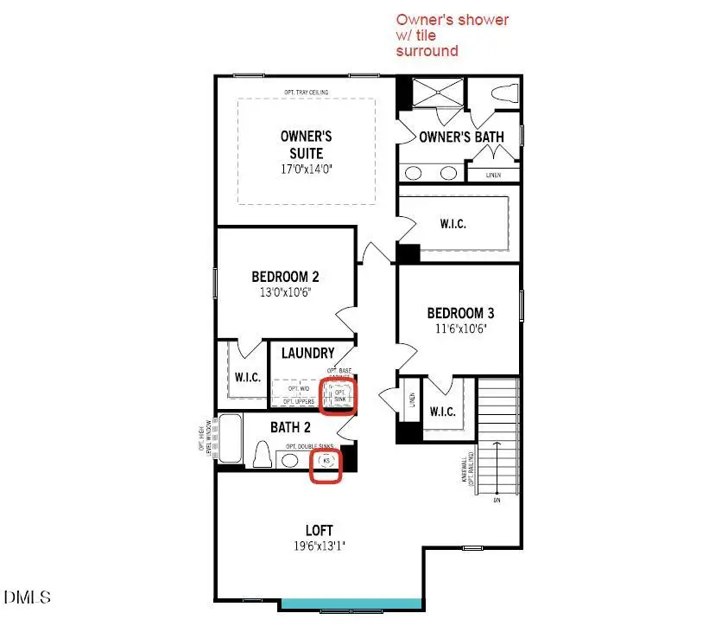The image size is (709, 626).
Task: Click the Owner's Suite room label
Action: pos(306,144)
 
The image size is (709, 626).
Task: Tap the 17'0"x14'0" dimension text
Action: pos(306,169)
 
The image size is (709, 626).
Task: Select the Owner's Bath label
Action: pos(461,137)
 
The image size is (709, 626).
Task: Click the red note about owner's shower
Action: pos(453,35)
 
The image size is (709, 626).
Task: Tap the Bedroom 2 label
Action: pos(285,277)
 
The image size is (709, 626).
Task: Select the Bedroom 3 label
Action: pos(461,313)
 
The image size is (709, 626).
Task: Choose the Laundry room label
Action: pos(307,353)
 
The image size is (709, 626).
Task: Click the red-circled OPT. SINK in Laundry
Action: pos(337,393)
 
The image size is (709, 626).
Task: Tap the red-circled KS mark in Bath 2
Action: pos(326,462)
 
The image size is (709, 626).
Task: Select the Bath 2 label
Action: pos(290,427)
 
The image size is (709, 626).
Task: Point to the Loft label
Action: pos(319,530)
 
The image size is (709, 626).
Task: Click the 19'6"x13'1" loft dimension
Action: pos(319,546)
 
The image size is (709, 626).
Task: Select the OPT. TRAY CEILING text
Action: pos(306,93)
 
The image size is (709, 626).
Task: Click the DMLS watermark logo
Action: pos(28,597)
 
